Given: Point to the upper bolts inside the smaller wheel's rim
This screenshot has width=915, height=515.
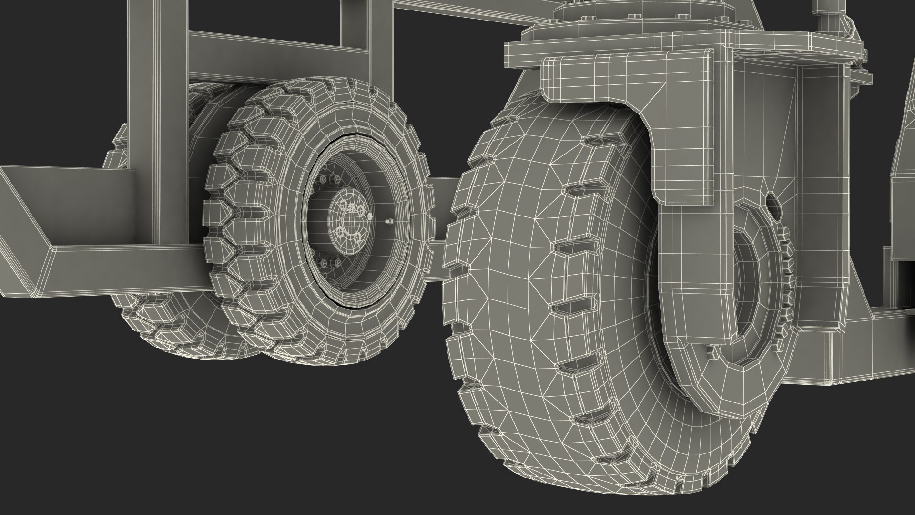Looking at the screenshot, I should click(329, 179).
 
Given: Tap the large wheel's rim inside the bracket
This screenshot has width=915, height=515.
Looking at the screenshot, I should click(743, 286).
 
